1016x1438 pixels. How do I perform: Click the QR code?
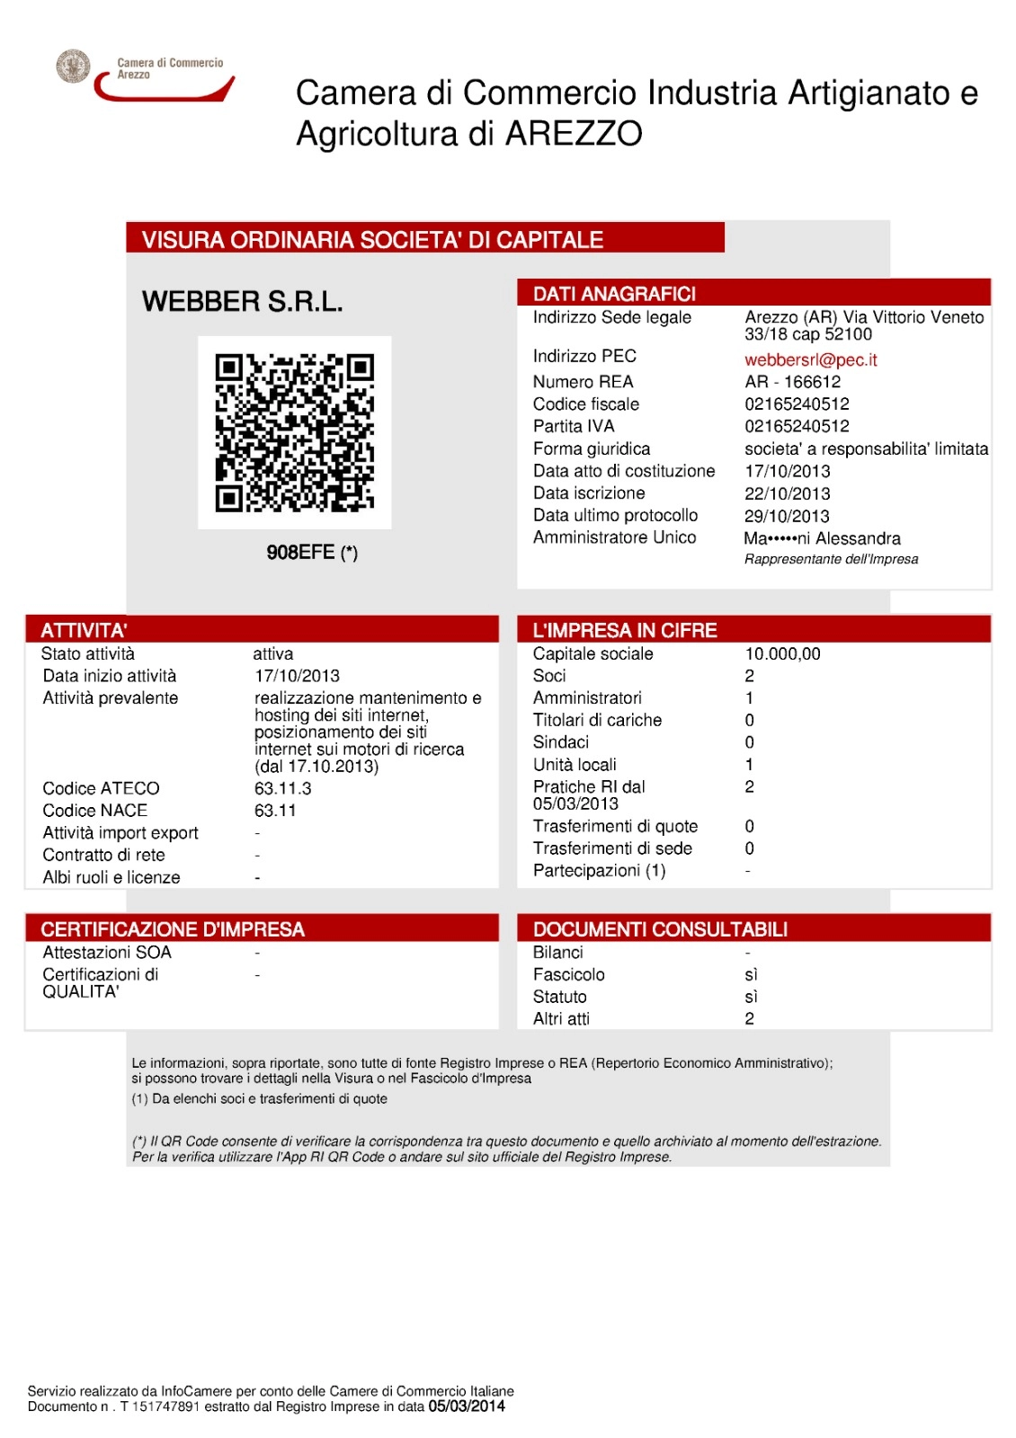click(x=294, y=432)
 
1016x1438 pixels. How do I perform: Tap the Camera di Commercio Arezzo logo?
click(x=144, y=75)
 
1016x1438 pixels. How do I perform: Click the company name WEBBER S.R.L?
click(x=242, y=302)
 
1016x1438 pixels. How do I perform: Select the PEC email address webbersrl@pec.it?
click(x=810, y=359)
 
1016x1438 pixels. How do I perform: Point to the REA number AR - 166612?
click(x=792, y=382)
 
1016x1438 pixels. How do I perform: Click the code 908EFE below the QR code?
click(x=301, y=552)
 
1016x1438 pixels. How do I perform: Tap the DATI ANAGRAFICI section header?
click(x=614, y=294)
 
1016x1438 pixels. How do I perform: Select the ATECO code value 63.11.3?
click(x=282, y=788)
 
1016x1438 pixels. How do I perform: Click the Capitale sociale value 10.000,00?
click(x=782, y=653)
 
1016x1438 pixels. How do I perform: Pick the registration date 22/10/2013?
click(x=787, y=493)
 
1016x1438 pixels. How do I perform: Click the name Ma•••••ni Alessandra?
click(x=822, y=538)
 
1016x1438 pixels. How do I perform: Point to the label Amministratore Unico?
click(x=614, y=537)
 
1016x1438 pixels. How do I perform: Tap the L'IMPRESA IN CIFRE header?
click(x=625, y=630)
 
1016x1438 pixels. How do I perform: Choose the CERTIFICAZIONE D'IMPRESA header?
click(x=173, y=929)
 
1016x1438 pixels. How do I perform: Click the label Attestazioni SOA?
click(x=106, y=952)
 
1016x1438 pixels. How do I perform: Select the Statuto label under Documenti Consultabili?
click(x=559, y=997)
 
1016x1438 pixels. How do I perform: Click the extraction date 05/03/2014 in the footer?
click(x=467, y=1407)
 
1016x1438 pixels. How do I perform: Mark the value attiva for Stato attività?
click(x=272, y=653)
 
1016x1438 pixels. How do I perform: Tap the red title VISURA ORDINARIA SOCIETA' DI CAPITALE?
click(x=372, y=240)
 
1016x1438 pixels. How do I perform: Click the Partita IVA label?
click(x=573, y=426)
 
